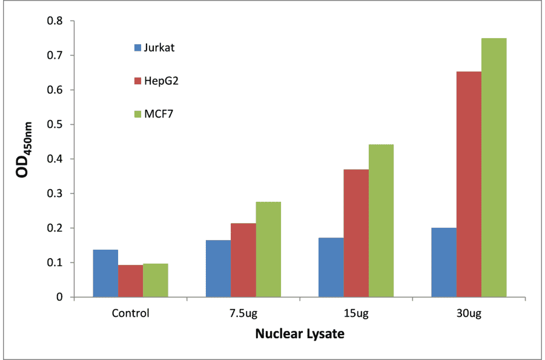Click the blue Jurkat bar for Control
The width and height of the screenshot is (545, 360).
coord(105,273)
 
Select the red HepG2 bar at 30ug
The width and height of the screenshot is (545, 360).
coord(469,184)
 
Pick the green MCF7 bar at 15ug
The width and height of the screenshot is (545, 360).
coord(381,221)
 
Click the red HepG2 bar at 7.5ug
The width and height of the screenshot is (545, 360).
coord(243,260)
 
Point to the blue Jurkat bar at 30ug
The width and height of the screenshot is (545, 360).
coord(444,262)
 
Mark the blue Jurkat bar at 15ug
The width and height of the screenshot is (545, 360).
coord(331,267)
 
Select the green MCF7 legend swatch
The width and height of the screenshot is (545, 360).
coord(137,114)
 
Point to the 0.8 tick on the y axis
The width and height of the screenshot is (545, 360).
coord(56,21)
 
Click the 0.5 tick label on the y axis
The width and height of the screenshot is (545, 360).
coord(56,125)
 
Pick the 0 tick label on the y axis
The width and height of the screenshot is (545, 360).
coord(60,298)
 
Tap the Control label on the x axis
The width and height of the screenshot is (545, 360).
coord(130,314)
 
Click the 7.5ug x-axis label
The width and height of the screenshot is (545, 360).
coord(243,314)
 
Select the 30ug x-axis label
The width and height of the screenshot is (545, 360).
coord(469,314)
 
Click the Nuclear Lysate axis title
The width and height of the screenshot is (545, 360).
coord(299,334)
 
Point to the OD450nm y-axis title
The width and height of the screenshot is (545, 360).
coord(25,159)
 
